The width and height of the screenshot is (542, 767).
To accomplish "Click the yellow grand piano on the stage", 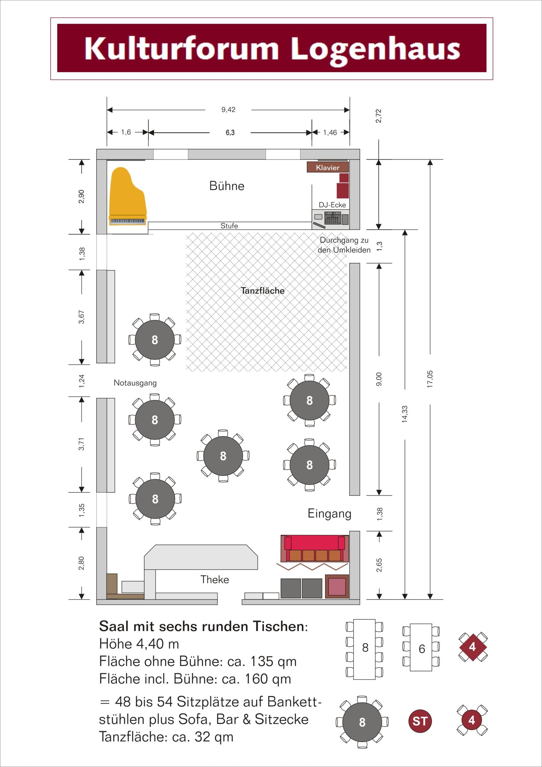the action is point(128,197).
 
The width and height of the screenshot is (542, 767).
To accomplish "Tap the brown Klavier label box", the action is point(328,167).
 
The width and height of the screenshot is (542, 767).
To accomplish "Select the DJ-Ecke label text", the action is point(332,205).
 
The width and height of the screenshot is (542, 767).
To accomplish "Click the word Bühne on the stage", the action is point(227,186).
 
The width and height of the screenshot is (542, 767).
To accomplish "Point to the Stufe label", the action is point(229,226).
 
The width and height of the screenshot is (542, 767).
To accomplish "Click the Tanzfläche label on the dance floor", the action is point(263,291).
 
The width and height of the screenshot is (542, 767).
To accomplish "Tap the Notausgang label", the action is point(135,383).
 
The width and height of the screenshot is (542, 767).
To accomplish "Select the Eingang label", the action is point(330,514).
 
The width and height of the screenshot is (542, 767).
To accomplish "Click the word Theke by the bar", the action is point(215,579).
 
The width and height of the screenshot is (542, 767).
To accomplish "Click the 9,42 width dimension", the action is point(228,110).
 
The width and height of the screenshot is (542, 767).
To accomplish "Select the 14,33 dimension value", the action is point(405,414).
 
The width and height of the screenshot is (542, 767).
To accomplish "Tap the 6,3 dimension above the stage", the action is point(230,133).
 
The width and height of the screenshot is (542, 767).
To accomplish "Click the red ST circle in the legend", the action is point(420,721).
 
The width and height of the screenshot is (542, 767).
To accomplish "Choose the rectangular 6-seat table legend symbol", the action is point(421,648).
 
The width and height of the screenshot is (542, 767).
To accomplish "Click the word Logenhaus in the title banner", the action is point(376,49).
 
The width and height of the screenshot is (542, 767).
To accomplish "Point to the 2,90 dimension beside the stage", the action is point(81,197).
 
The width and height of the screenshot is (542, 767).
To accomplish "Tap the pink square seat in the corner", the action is point(337,587).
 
